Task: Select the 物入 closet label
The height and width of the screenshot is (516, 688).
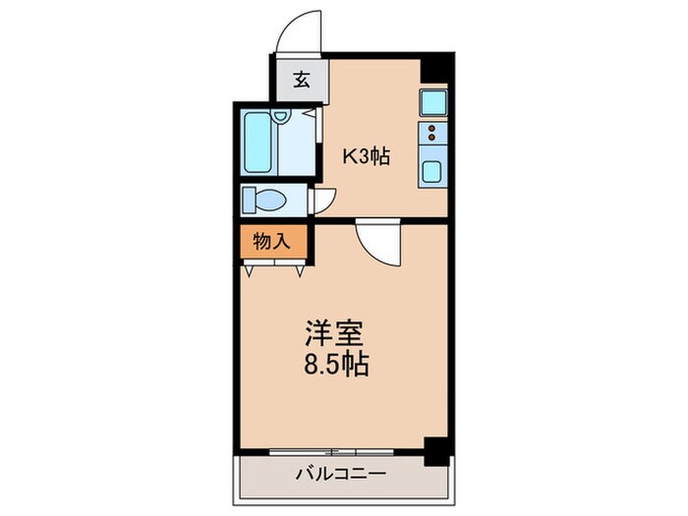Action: pos(272,242)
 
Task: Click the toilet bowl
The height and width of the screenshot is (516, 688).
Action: pos(265,200)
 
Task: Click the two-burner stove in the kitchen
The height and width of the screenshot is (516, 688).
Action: pos(433,135)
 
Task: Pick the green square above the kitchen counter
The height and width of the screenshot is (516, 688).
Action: pos(433,100)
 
